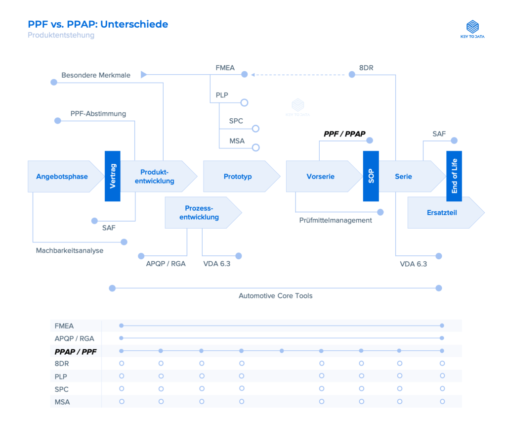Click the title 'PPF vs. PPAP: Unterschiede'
click(x=98, y=24)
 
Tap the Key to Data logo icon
click(x=472, y=26)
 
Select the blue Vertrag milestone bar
click(x=113, y=176)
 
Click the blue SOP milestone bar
click(x=371, y=176)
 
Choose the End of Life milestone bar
click(x=454, y=176)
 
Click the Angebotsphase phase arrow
click(x=62, y=177)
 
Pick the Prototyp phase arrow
click(x=238, y=177)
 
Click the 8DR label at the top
click(x=366, y=68)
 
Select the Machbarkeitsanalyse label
click(x=70, y=250)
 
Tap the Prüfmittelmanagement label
click(x=336, y=220)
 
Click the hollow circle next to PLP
click(x=244, y=103)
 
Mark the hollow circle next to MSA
click(x=255, y=147)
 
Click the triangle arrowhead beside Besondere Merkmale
click(x=144, y=75)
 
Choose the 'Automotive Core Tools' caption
click(x=275, y=296)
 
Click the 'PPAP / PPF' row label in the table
click(x=75, y=351)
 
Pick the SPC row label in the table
click(x=62, y=389)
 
